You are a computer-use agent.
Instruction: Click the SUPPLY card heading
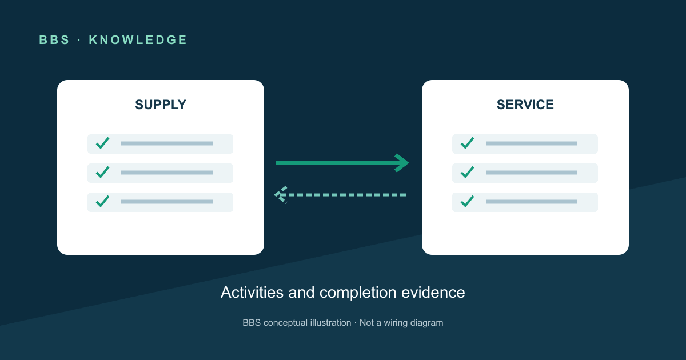point(161,105)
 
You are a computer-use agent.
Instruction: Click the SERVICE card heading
point(525,105)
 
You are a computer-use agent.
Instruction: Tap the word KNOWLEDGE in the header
point(138,40)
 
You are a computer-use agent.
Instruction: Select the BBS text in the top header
point(54,40)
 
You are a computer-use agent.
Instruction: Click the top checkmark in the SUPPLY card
point(102,143)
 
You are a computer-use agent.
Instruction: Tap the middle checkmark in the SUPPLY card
point(102,173)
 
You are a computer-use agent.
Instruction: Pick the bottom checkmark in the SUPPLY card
point(102,201)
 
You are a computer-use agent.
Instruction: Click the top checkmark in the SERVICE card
point(468,143)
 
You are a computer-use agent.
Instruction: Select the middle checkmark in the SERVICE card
point(468,173)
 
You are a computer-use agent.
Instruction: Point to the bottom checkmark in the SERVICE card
point(468,201)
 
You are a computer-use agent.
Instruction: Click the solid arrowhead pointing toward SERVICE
point(402,163)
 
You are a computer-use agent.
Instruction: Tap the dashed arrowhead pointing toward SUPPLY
point(280,195)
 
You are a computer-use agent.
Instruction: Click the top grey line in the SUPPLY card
point(167,143)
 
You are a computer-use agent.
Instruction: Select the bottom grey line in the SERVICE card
point(532,202)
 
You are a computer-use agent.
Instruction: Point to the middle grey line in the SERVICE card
point(532,173)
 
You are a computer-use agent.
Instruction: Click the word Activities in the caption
point(252,293)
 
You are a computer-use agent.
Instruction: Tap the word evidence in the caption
point(433,293)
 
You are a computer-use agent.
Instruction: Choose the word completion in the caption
point(358,293)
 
